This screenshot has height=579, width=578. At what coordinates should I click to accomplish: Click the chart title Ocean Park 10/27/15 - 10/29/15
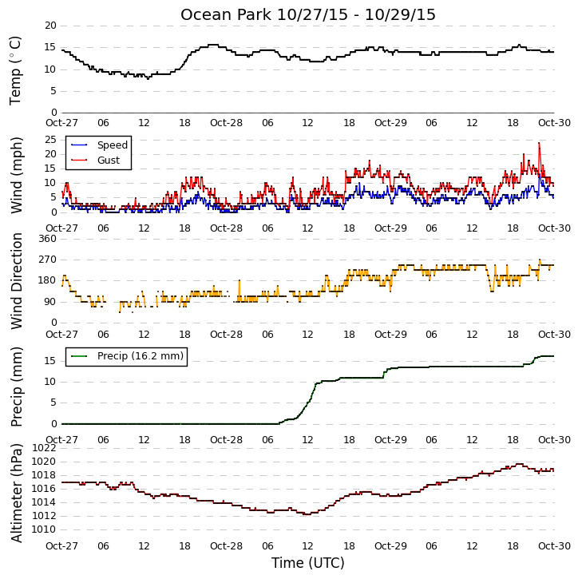[308, 14]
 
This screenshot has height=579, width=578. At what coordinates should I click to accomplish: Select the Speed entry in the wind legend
[113, 145]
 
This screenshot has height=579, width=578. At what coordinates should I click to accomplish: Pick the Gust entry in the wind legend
[109, 161]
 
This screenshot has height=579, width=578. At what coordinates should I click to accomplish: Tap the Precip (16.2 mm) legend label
[141, 356]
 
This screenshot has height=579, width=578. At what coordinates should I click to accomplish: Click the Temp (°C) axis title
[15, 70]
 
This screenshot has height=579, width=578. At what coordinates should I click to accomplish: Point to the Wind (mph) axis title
[16, 176]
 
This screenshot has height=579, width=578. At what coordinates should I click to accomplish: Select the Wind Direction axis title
[16, 281]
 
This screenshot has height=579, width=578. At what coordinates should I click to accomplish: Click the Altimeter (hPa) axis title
[16, 494]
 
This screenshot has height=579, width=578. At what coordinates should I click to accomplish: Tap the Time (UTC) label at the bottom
[308, 563]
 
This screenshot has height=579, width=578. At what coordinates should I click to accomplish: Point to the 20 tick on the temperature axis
[50, 26]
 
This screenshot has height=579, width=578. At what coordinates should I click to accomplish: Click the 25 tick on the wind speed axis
[50, 140]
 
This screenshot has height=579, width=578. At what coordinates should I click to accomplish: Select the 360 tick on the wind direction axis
[48, 239]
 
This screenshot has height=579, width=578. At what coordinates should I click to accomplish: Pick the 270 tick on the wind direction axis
[48, 260]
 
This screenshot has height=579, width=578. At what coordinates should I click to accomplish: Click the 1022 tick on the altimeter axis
[44, 448]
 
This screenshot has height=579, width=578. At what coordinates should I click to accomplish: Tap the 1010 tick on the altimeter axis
[44, 529]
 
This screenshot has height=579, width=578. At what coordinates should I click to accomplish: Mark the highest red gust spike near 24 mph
[539, 143]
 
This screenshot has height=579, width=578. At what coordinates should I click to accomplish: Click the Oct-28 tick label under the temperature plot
[226, 123]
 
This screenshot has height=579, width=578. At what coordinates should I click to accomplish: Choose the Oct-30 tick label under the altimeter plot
[554, 545]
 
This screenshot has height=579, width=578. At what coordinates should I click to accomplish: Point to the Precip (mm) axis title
[16, 387]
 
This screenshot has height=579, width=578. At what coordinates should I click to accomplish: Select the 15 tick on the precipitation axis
[50, 361]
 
